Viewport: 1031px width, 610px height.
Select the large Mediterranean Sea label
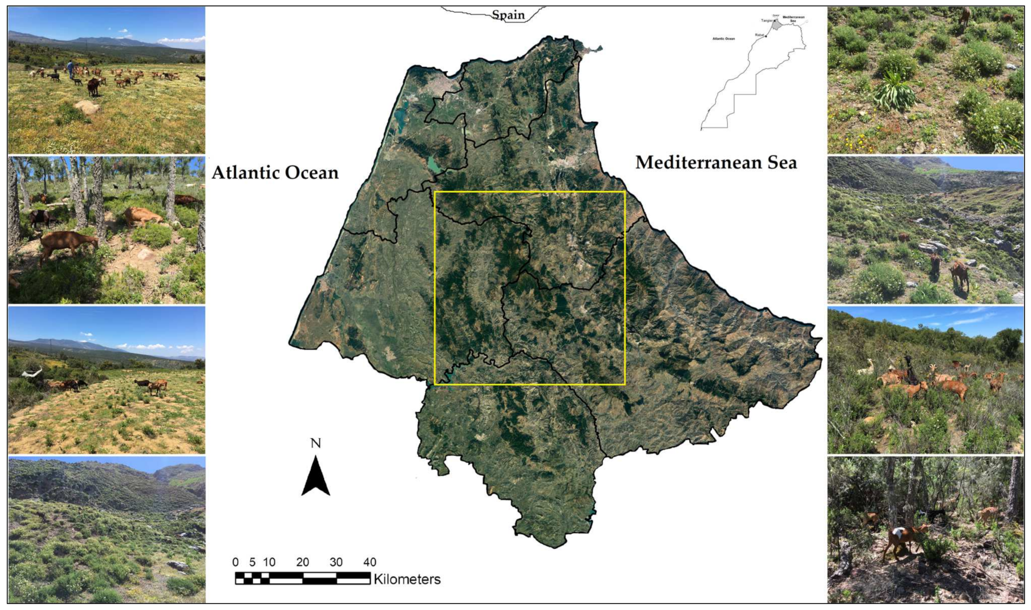(x=716, y=163)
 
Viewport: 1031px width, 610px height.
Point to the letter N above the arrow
(x=315, y=443)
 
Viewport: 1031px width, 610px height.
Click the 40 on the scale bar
(x=369, y=562)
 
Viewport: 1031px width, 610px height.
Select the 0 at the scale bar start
(x=235, y=562)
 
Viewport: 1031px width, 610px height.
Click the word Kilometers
(x=407, y=580)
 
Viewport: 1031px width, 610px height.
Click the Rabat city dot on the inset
(x=766, y=36)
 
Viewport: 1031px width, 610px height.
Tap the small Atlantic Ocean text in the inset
(x=723, y=38)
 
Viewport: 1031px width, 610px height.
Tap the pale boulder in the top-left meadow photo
(x=87, y=107)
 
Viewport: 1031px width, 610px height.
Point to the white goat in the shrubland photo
(x=866, y=366)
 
